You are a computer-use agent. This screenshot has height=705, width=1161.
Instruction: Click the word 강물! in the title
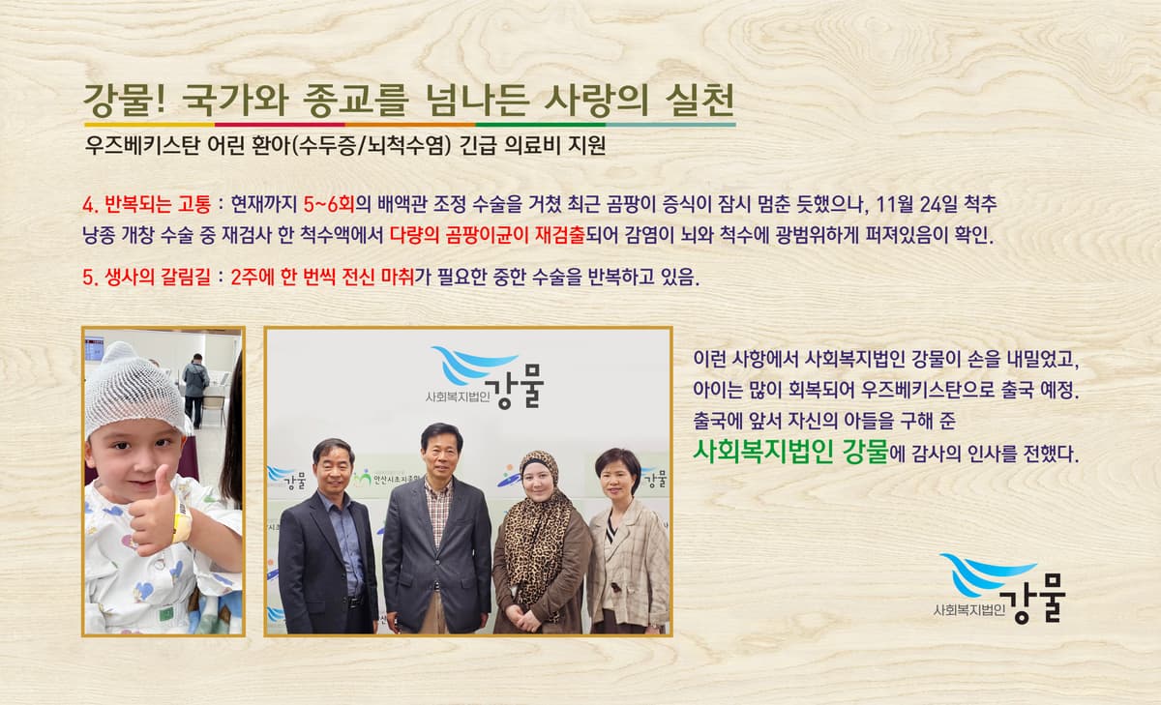click(125, 100)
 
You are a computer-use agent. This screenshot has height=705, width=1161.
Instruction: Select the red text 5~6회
click(329, 204)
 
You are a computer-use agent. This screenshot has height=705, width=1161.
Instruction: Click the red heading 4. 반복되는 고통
click(147, 204)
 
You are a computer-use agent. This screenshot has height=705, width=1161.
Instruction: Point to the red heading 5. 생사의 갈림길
click(147, 278)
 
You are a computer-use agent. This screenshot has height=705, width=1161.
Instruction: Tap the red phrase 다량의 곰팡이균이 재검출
click(488, 235)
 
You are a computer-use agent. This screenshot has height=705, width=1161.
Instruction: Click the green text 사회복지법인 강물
click(791, 452)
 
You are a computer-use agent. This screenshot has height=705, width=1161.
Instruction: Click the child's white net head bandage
click(134, 389)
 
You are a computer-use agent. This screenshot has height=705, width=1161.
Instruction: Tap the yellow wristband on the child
click(182, 519)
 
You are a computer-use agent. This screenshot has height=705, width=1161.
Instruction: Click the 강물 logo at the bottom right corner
click(999, 587)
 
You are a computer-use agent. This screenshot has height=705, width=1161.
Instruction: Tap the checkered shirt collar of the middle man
click(438, 486)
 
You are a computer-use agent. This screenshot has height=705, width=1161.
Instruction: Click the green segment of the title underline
click(541, 125)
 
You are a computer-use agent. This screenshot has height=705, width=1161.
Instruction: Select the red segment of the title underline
click(280, 125)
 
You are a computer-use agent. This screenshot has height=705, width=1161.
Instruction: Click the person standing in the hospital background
click(195, 390)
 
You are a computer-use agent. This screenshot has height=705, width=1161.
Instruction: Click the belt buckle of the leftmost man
click(354, 602)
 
